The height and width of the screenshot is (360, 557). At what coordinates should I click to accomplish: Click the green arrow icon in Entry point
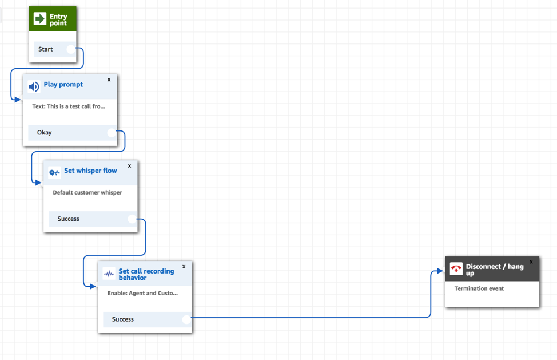point(40,19)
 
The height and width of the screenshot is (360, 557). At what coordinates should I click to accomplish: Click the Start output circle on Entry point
point(71,49)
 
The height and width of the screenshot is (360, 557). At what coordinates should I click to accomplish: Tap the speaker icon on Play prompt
point(34,87)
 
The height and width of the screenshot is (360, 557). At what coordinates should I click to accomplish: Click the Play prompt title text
point(63,85)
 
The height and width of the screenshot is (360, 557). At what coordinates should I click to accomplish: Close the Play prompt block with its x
point(109,80)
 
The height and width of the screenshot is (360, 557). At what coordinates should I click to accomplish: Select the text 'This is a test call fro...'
point(69,106)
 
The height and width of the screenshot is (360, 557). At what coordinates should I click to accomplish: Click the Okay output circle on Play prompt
point(112,133)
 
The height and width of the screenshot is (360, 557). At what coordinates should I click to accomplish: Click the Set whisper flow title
point(90,171)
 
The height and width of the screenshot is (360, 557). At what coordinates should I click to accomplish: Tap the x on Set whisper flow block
point(129,166)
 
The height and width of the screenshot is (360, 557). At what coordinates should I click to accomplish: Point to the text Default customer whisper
point(87,193)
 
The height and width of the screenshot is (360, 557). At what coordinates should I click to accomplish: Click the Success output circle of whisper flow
point(132,219)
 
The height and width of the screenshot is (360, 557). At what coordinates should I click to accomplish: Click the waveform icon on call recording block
point(109,274)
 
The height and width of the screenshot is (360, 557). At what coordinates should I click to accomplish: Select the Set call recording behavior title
point(146,274)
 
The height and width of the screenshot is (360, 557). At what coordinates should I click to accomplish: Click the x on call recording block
point(184,266)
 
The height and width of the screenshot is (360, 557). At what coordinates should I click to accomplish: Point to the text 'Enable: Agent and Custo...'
point(142,293)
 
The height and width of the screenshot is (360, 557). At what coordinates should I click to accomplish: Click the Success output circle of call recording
point(186,319)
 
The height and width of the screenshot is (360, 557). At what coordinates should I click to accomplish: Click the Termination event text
point(479,288)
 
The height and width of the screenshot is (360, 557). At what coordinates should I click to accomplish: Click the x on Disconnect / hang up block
point(531,262)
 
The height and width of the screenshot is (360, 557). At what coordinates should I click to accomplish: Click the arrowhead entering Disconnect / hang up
point(440,271)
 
